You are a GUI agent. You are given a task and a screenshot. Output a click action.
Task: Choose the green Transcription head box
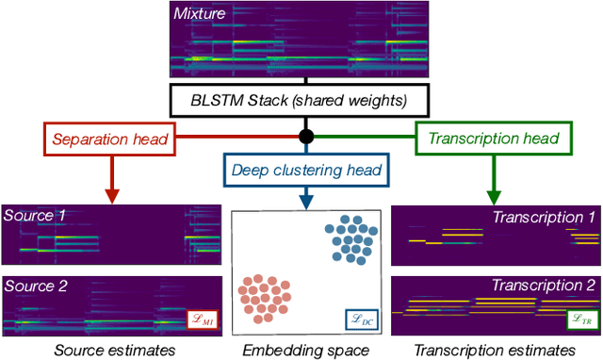(493, 139)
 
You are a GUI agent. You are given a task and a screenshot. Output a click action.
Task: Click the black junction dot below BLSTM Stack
(306, 138)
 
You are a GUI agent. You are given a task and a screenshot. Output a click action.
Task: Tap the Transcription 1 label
(545, 217)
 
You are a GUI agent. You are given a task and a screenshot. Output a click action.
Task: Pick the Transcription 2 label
(545, 285)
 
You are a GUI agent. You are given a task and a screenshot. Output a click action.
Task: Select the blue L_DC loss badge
(362, 319)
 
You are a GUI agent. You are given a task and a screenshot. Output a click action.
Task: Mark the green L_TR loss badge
(580, 319)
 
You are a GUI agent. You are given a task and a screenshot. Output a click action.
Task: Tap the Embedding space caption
(305, 349)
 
